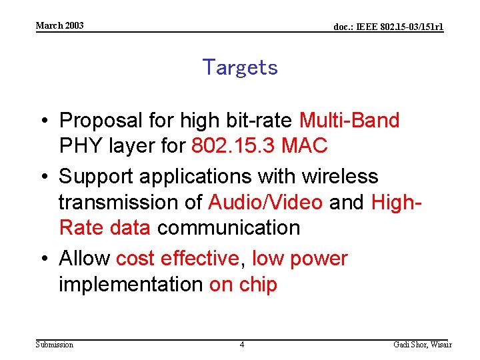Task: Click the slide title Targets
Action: click(x=240, y=67)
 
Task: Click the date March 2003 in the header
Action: click(x=60, y=25)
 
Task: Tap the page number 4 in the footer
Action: click(x=242, y=345)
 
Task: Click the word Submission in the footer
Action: click(x=55, y=345)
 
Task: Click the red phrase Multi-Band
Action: click(x=349, y=121)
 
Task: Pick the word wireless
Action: click(x=340, y=177)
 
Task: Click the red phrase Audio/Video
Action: click(x=265, y=202)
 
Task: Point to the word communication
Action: click(x=229, y=227)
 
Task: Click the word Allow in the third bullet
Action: click(x=85, y=259)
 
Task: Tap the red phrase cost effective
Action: click(x=177, y=259)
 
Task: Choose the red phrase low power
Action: click(x=300, y=259)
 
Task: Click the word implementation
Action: click(x=131, y=284)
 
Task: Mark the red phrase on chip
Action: click(x=243, y=284)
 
